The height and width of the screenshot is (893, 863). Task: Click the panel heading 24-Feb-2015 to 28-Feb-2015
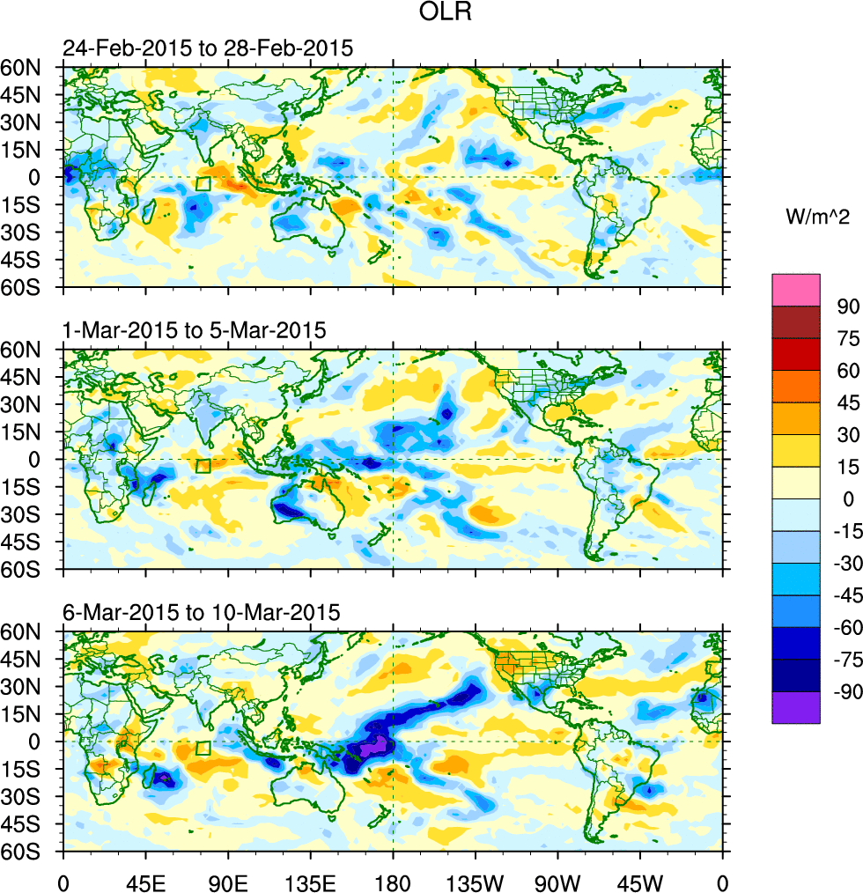pos(207,48)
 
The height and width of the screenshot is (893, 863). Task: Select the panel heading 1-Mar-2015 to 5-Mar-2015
pos(195,330)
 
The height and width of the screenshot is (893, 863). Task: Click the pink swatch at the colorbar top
pos(795,290)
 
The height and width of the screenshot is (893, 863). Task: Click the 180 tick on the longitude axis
pos(393,881)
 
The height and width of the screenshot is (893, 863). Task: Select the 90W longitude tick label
pos(557,881)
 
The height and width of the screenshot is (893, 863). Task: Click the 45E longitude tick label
pos(145,881)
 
